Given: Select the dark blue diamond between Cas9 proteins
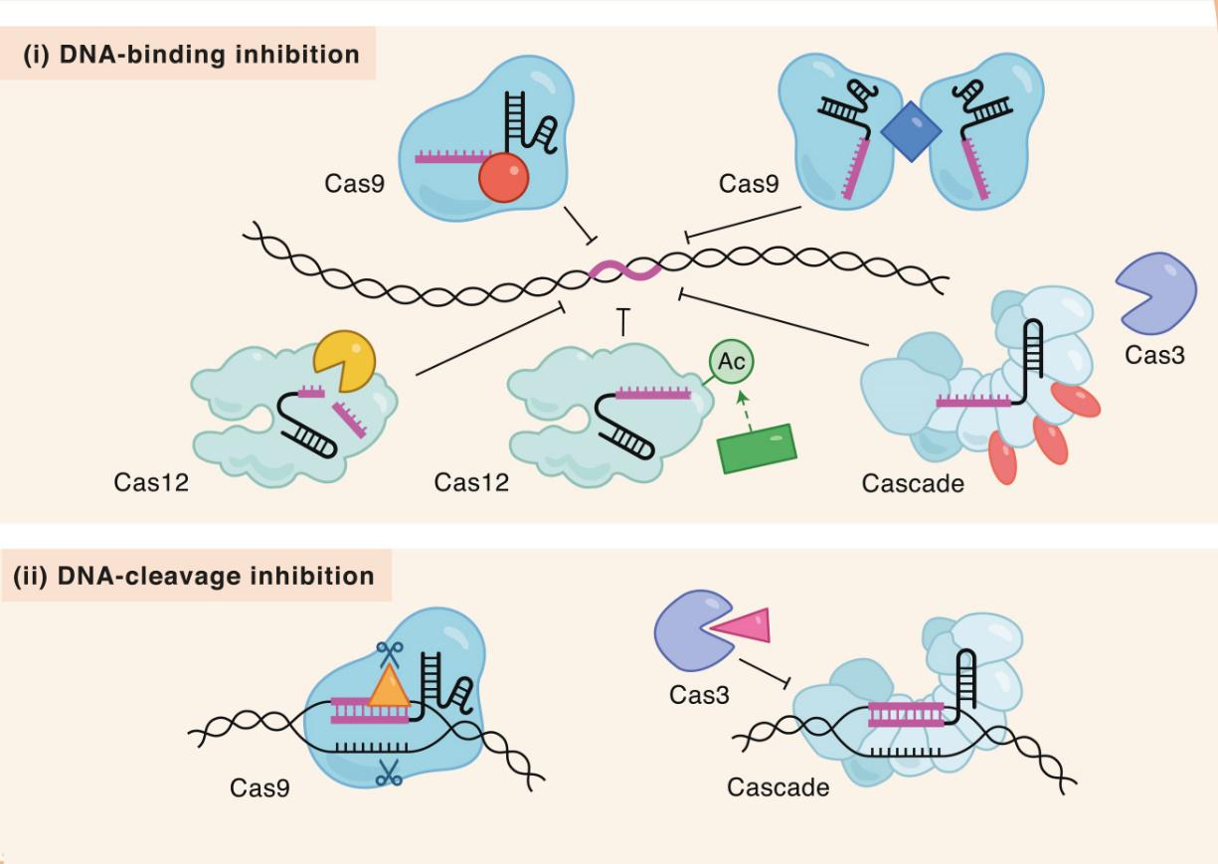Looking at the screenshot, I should [x=911, y=135].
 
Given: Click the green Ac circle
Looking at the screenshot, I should [x=732, y=362].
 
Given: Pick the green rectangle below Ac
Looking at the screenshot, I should [x=756, y=448].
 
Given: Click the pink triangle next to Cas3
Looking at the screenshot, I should [x=742, y=626].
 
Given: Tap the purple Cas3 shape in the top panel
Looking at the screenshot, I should [x=1155, y=293].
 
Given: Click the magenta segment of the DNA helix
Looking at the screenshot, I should [x=624, y=269].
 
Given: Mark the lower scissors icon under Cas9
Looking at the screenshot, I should [x=388, y=773].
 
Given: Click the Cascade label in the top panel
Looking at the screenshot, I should [x=913, y=484].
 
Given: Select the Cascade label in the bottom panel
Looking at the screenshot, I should [x=778, y=787].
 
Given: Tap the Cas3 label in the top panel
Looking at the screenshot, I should [x=1155, y=355].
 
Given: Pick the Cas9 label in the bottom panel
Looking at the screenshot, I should [x=260, y=787].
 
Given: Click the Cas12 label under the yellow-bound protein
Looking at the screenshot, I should [x=151, y=483].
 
